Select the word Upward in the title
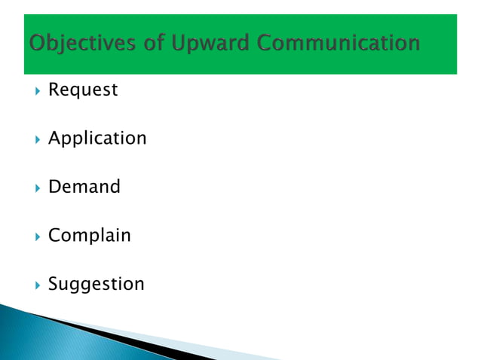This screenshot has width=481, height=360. tap(205, 43)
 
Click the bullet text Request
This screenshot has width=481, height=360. tap(83, 90)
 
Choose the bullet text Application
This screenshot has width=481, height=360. tap(97, 139)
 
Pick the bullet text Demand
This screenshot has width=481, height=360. tap(84, 187)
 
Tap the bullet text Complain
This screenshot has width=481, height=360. tap(89, 236)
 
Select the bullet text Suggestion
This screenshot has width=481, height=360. tap(96, 284)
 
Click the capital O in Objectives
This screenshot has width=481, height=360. tap(37, 43)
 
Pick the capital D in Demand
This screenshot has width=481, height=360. tap(54, 187)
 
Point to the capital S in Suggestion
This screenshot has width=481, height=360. tap(54, 284)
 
